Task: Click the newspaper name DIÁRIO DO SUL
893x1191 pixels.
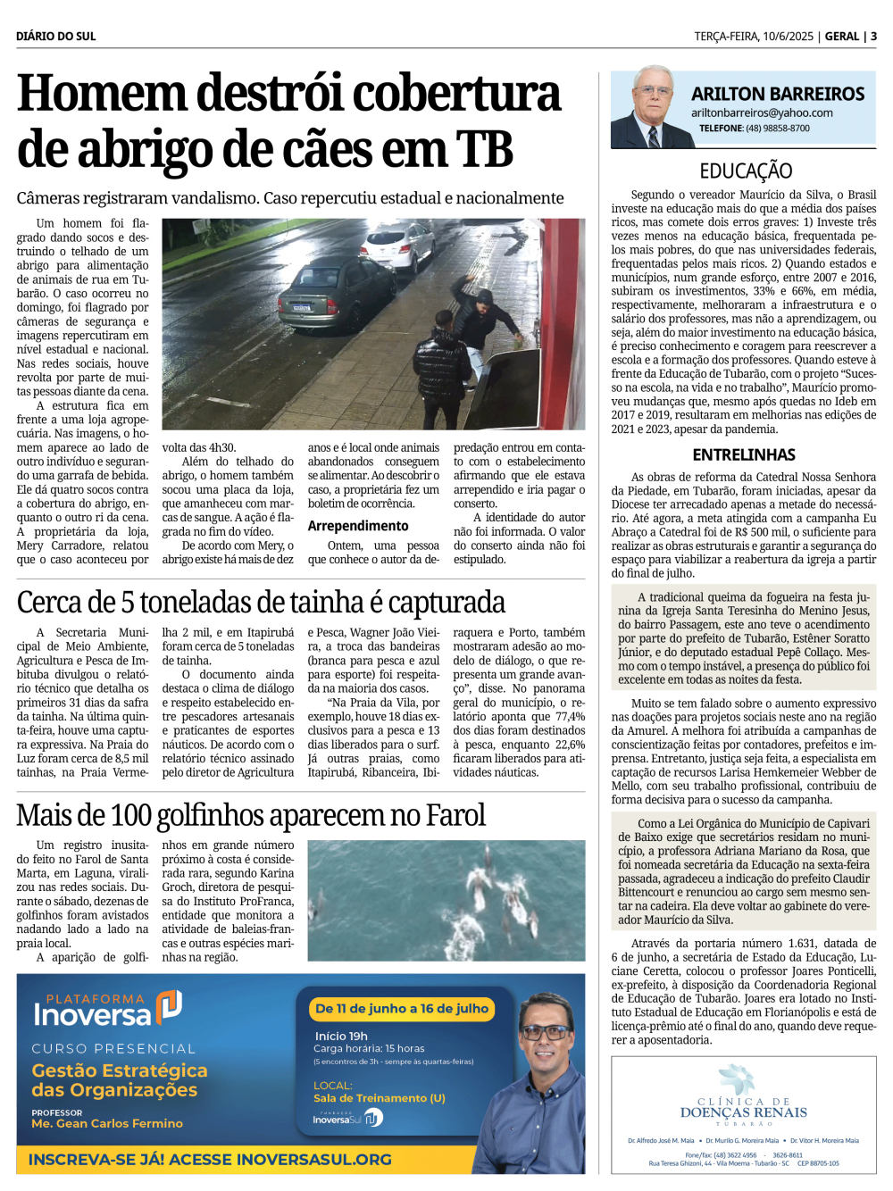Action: pos(55,37)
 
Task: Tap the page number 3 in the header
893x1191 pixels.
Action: pos(873,37)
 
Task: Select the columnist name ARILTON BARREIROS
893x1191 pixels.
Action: pos(777,94)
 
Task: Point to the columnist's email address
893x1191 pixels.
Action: pos(761,113)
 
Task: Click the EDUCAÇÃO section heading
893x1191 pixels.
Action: pos(745,171)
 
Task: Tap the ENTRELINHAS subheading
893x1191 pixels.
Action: pos(744,454)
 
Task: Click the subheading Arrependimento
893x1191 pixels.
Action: pos(358,526)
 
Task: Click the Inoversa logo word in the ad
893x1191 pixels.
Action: pos(92,1015)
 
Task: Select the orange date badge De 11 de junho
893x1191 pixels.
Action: pos(402,1008)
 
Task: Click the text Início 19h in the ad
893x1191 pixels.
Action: pos(341,1036)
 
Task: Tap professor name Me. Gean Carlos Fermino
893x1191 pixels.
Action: pos(107,1123)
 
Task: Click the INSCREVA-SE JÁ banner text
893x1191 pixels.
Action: pos(210,1159)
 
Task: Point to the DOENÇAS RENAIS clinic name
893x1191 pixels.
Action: pos(743,1112)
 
